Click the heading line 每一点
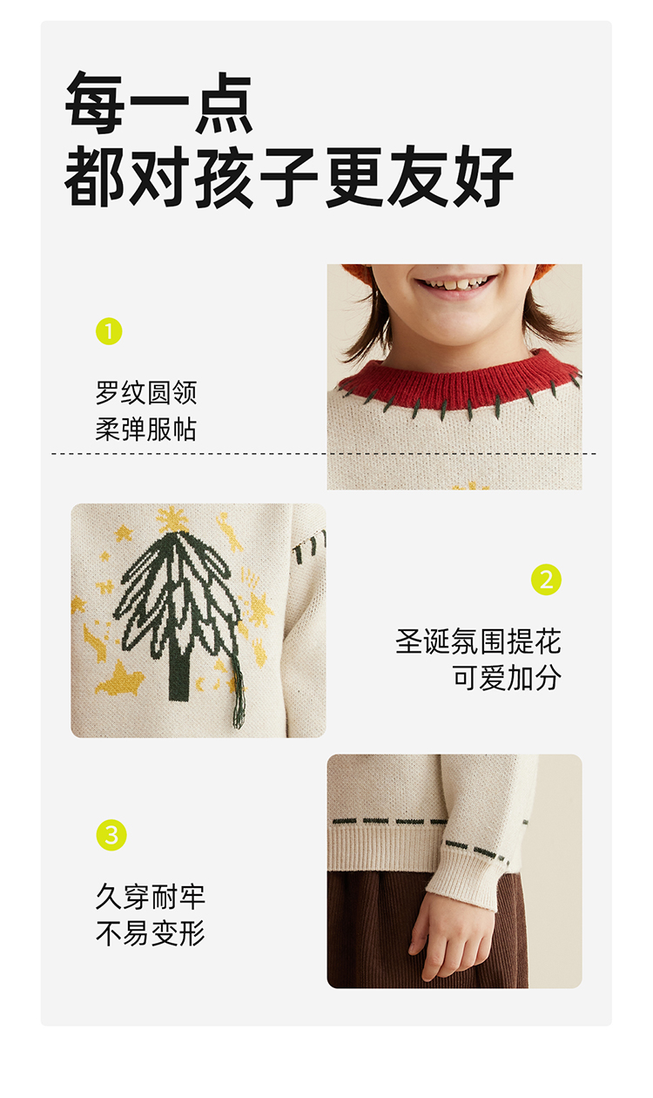point(158,103)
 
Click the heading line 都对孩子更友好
point(289,176)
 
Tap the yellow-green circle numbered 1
point(109,331)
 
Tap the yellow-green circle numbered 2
point(546,579)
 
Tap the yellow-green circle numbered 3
point(111,835)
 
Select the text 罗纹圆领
point(146,393)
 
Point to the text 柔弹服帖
point(146,430)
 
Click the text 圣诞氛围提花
point(478,641)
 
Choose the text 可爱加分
point(507,678)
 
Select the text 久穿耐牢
point(151,897)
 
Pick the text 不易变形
point(151,933)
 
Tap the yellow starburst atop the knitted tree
point(172,519)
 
